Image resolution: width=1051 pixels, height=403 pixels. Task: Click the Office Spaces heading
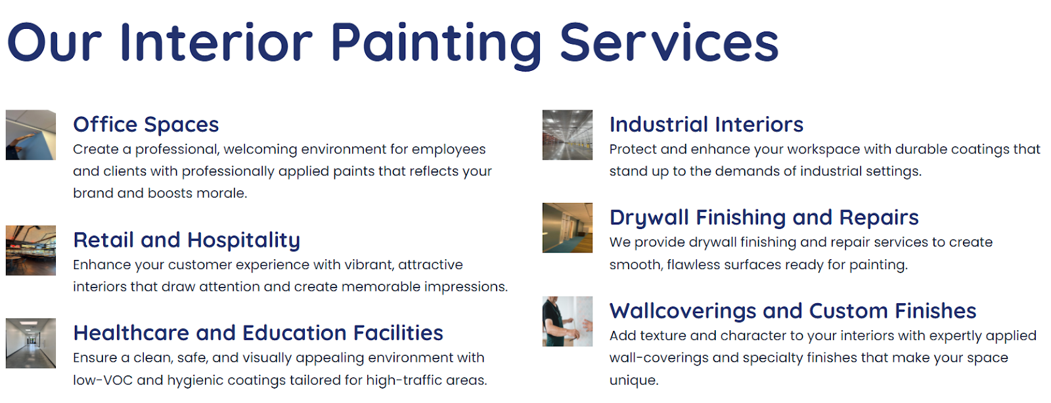tap(146, 125)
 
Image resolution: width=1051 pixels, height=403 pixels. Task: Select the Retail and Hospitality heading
tap(187, 240)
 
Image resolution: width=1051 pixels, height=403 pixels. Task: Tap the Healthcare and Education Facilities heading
tap(258, 333)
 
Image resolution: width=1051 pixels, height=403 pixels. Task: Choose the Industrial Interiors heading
tap(706, 125)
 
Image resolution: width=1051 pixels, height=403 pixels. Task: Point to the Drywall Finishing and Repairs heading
tap(764, 217)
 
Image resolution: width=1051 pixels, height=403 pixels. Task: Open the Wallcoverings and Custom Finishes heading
tap(793, 310)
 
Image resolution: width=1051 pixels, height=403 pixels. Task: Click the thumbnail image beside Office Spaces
tap(31, 135)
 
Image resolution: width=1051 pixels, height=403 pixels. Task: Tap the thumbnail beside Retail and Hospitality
tap(31, 250)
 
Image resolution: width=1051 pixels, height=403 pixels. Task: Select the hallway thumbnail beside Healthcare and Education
tap(31, 343)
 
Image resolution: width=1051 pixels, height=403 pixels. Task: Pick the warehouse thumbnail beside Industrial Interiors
tap(568, 135)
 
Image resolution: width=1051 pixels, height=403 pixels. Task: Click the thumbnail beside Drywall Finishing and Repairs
tap(568, 228)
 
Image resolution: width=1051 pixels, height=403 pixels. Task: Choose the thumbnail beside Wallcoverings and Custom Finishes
tap(568, 322)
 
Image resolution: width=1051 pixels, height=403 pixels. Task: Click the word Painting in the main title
tap(436, 44)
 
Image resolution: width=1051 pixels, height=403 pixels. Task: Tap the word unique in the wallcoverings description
tap(634, 381)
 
